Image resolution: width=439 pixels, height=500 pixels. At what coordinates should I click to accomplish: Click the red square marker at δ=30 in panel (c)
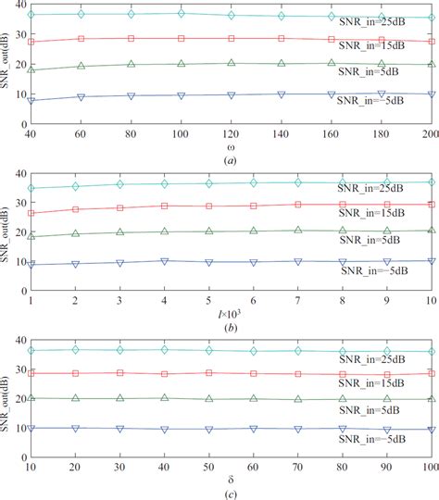point(119,347)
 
